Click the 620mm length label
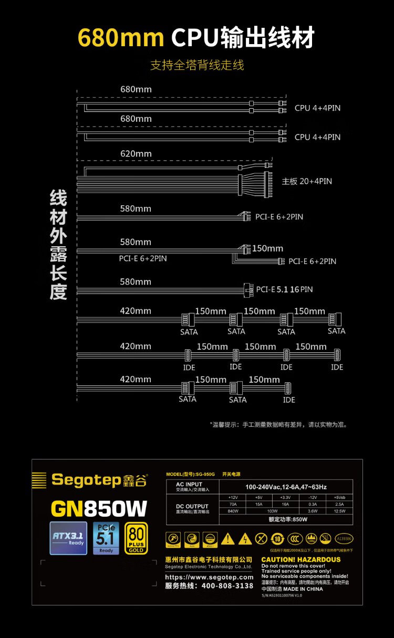(136, 154)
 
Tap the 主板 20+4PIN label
(307, 181)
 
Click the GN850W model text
(99, 508)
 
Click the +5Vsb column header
(339, 496)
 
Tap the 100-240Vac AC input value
(286, 487)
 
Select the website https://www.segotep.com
(209, 577)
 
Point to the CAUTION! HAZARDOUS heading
(301, 560)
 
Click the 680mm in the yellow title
(121, 38)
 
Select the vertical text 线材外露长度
(58, 245)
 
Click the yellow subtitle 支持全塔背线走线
(197, 66)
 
